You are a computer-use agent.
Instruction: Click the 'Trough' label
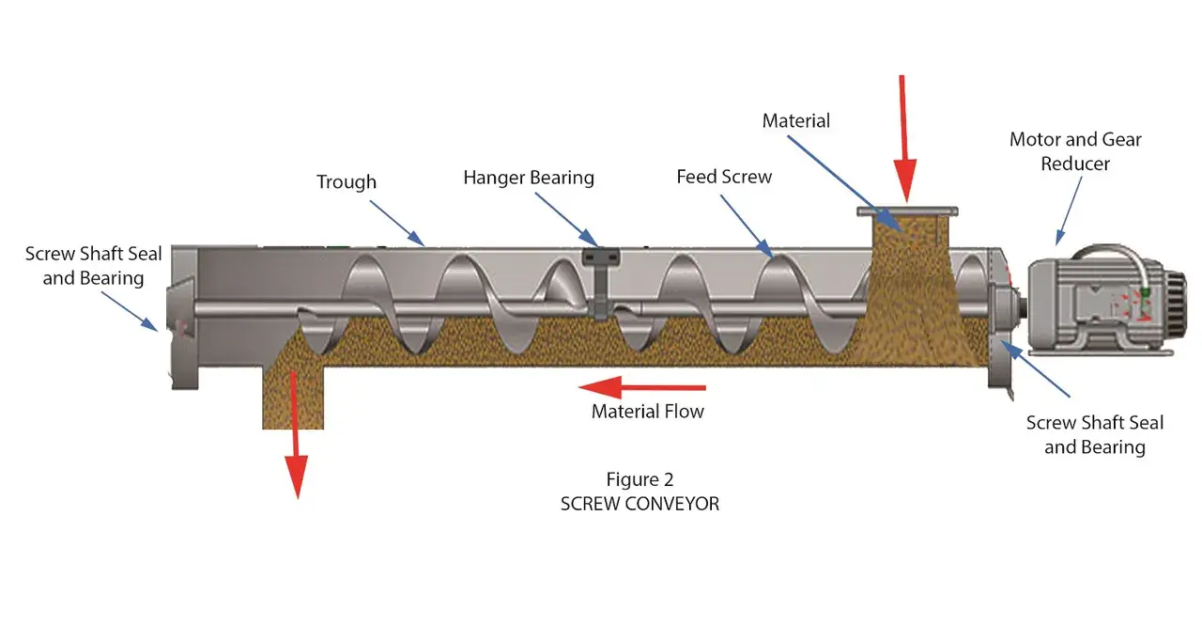coord(346,182)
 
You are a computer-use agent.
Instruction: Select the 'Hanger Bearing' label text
coord(529,178)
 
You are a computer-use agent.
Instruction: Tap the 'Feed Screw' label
coord(724,177)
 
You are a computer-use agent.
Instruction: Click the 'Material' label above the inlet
coord(796,121)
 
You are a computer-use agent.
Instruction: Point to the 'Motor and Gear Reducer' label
coord(1075,151)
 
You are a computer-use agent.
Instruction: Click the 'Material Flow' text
coord(648,411)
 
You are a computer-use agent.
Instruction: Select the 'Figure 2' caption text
coord(640,480)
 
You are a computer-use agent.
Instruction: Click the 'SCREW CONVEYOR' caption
coord(640,504)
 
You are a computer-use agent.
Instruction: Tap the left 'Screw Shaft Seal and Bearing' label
coord(93,266)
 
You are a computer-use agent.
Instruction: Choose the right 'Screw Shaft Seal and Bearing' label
coord(1095,435)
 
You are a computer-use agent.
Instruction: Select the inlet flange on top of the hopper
coord(906,211)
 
